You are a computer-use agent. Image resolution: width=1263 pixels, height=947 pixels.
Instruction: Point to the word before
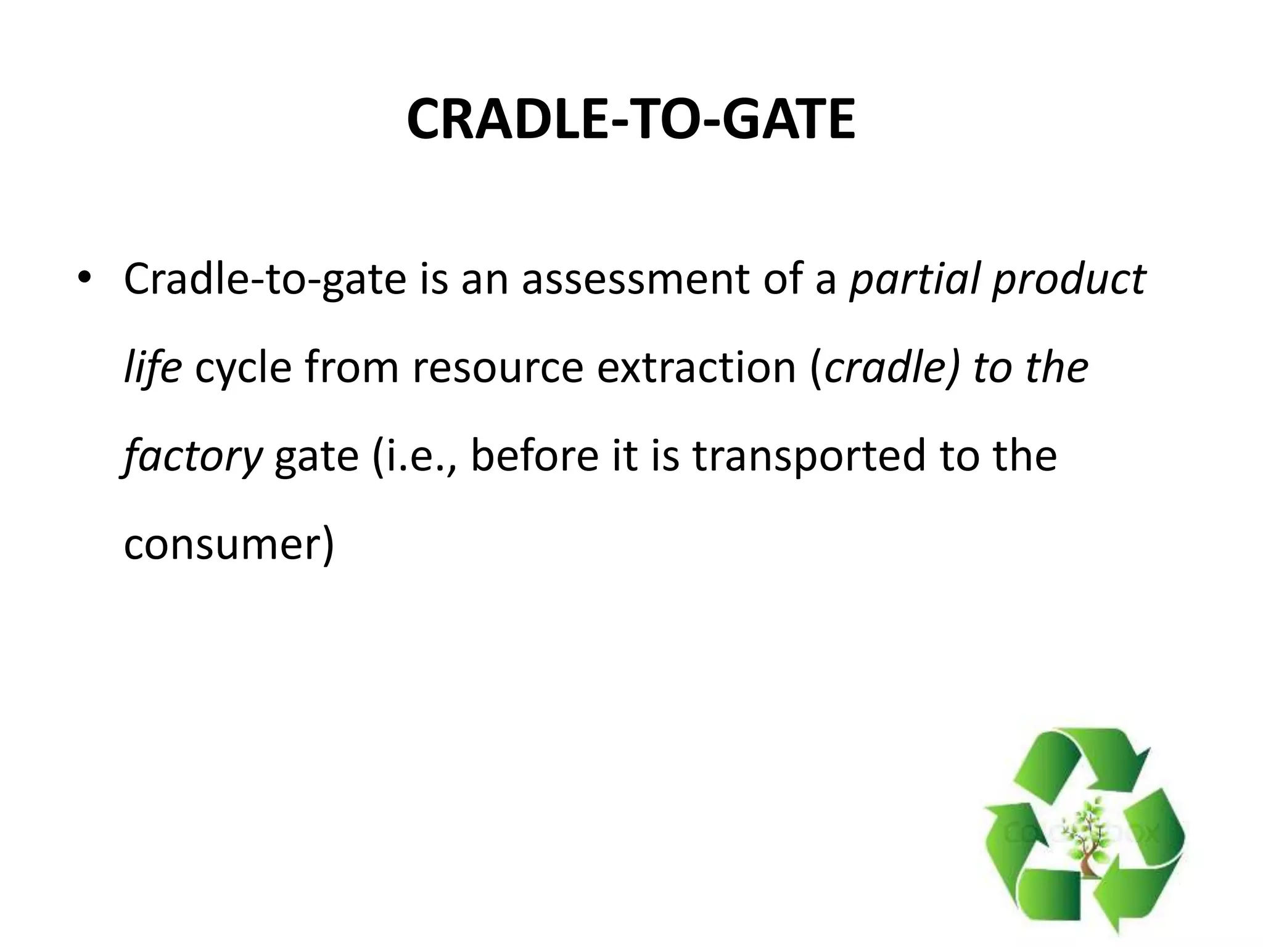[534, 456]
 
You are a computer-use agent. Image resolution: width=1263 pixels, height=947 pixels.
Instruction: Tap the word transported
[808, 457]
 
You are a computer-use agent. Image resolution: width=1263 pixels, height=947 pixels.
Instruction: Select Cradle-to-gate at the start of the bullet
[265, 279]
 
